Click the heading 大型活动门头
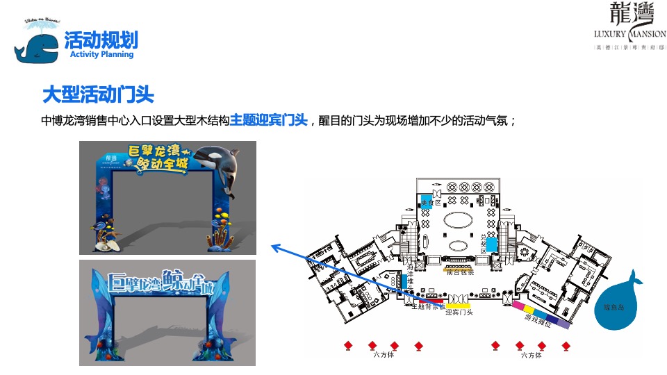pyautogui.click(x=98, y=94)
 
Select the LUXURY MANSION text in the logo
pyautogui.click(x=629, y=33)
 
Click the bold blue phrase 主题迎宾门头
pyautogui.click(x=268, y=120)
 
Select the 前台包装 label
pyautogui.click(x=459, y=273)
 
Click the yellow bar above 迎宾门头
pyautogui.click(x=461, y=304)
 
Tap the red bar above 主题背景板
pyautogui.click(x=438, y=301)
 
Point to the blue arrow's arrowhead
pyautogui.click(x=274, y=246)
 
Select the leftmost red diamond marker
pyautogui.click(x=349, y=345)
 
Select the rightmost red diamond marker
pyautogui.click(x=566, y=345)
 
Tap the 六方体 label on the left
pyautogui.click(x=383, y=356)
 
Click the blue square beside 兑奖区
pyautogui.click(x=491, y=244)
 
